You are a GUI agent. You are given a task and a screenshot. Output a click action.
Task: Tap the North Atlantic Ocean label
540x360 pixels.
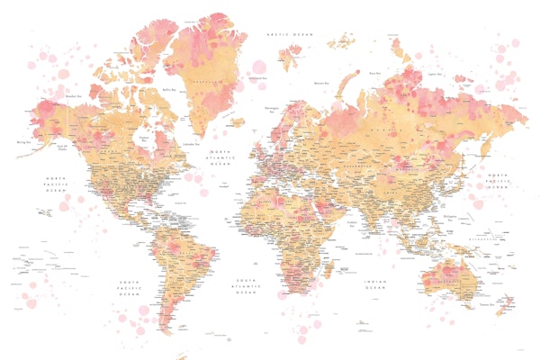click(x=220, y=157)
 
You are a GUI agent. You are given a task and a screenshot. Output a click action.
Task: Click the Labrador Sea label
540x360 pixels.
click(x=190, y=144)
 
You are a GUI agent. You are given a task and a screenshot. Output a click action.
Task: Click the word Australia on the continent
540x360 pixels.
click(x=445, y=281)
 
